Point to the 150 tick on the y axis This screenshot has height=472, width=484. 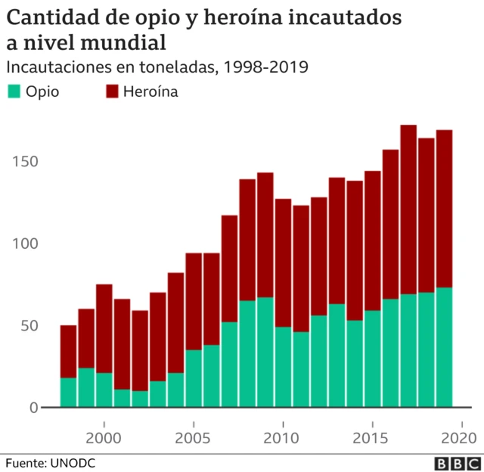coord(25,162)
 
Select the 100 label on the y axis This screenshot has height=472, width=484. coord(25,244)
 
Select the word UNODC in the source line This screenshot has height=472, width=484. coord(75,461)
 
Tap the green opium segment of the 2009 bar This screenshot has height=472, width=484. coord(265,352)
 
